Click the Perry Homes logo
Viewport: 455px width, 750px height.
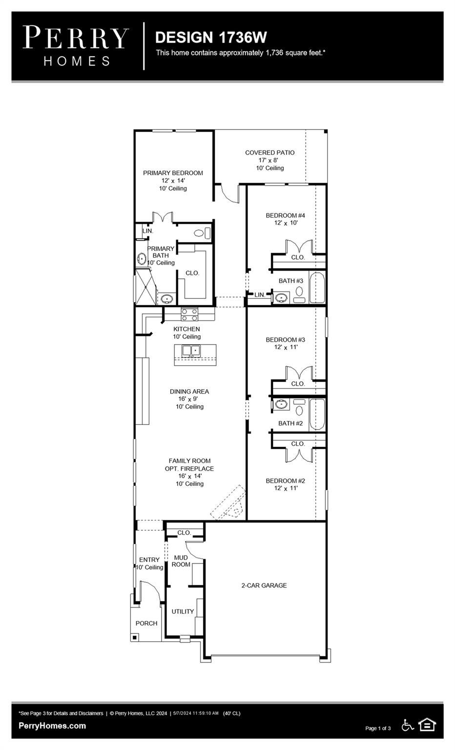coord(76,46)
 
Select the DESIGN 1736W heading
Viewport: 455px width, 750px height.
coord(211,37)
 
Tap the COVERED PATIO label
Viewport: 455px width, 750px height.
coord(269,152)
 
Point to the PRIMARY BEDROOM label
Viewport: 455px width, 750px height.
coord(173,173)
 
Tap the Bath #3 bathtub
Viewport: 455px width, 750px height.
coord(317,288)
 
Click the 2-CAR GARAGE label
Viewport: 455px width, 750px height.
coord(264,585)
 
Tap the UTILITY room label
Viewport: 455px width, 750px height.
coord(183,611)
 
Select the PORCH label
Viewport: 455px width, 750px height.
coord(146,623)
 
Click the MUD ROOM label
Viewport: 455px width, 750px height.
coord(181,561)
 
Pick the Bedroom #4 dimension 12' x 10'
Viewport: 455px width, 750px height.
coord(286,223)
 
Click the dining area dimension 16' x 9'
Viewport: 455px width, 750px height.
coord(189,399)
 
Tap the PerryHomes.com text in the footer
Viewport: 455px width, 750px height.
coord(52,726)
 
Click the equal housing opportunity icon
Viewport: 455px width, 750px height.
coord(427,725)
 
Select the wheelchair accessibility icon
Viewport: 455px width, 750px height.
coord(408,725)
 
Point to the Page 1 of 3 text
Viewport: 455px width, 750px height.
coord(378,728)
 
